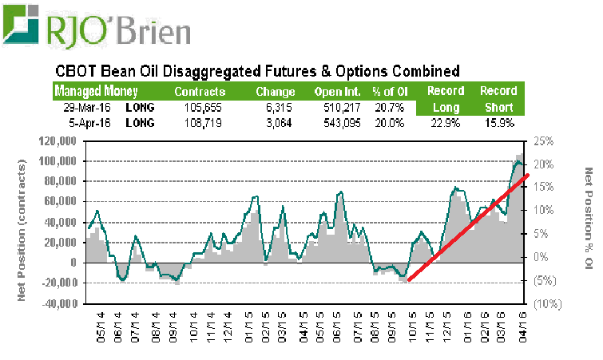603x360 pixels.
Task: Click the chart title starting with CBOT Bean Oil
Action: (256, 71)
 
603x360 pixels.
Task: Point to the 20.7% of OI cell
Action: (388, 107)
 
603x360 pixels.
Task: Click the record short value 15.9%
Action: (498, 123)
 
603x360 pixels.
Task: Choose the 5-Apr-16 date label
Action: (86, 123)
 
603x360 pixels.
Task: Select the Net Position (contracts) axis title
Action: (22, 223)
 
